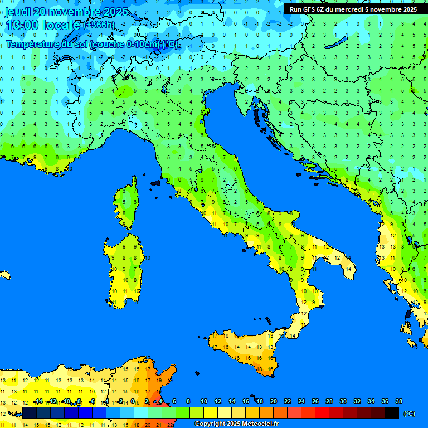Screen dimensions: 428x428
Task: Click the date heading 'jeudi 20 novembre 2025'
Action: (x=66, y=12)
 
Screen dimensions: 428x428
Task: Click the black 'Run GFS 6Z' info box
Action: (x=353, y=9)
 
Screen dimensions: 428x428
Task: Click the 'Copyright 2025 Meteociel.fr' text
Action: (x=236, y=424)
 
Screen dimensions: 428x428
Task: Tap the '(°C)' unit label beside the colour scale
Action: (x=409, y=414)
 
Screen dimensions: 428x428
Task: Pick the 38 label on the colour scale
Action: (x=398, y=401)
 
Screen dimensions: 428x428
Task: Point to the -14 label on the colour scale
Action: (x=38, y=401)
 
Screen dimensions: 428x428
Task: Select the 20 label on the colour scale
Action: (x=274, y=401)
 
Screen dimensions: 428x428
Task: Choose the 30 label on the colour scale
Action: (x=343, y=401)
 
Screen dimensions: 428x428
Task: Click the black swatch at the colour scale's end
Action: (x=392, y=412)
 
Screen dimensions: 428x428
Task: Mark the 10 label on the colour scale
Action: (x=204, y=401)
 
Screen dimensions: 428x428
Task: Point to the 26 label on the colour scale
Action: (x=315, y=401)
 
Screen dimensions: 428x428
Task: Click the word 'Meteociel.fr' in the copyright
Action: (x=259, y=424)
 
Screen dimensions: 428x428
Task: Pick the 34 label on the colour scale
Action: (x=371, y=401)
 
